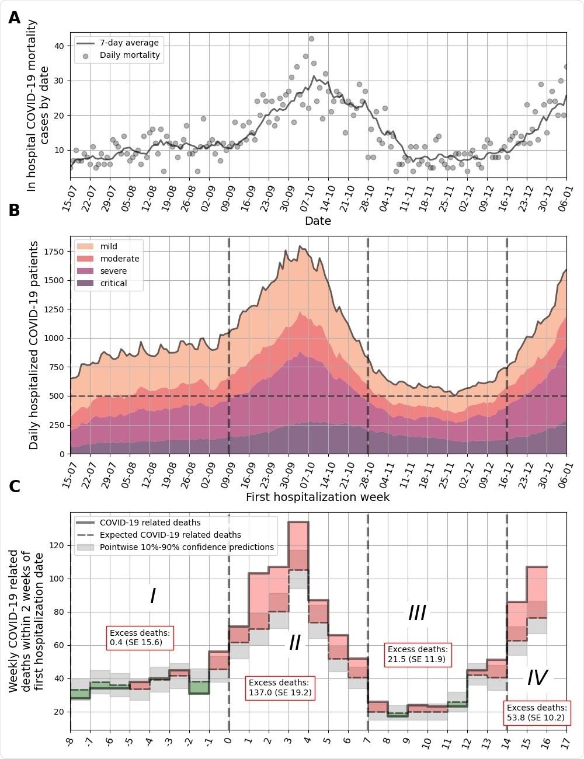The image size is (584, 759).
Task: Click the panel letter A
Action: [15, 18]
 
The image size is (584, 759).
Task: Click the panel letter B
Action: [15, 211]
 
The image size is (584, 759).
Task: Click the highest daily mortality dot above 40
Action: [311, 39]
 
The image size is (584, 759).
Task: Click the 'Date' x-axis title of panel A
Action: [318, 221]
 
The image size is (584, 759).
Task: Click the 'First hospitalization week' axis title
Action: [318, 497]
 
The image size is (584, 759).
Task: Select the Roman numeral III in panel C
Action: [417, 613]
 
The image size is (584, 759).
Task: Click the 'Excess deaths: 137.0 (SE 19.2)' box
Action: [280, 688]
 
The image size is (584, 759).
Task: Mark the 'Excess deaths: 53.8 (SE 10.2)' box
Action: [537, 713]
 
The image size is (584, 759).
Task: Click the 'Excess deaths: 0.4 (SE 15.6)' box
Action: [141, 638]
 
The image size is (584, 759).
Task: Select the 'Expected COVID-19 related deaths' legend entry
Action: [170, 535]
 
